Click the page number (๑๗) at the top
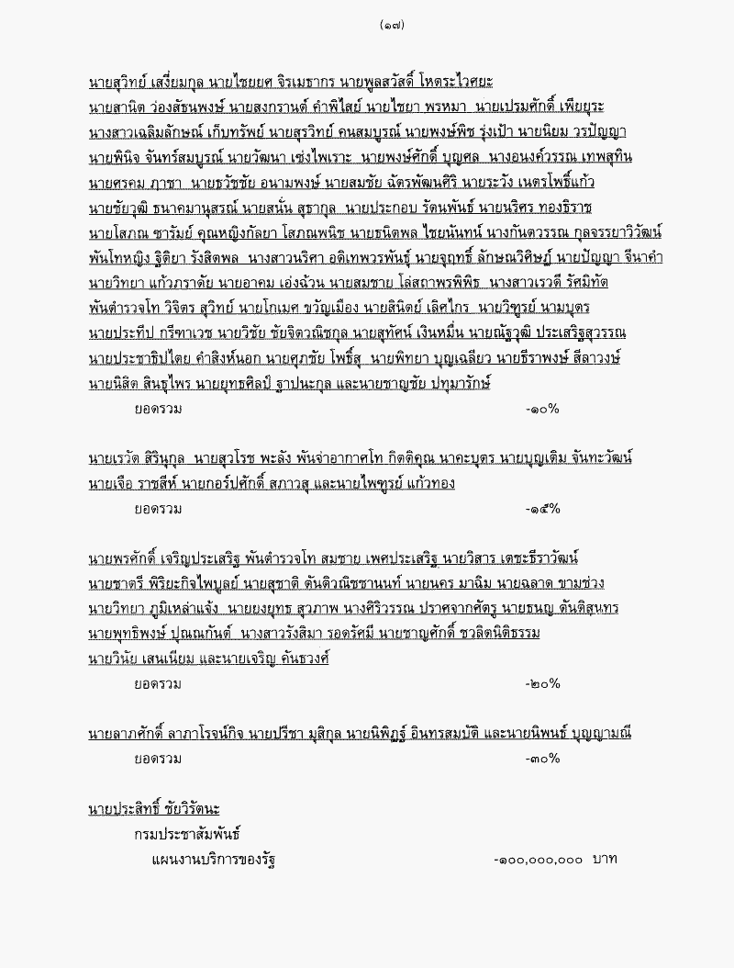tap(391, 25)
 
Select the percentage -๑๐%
tap(542, 409)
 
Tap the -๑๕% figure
tap(542, 508)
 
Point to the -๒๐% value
tap(542, 683)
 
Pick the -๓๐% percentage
tap(542, 759)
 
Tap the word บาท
tap(605, 860)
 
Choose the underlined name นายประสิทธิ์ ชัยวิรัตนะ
tap(153, 809)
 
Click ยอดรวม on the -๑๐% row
tap(158, 409)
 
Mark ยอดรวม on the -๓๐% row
tap(158, 759)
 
